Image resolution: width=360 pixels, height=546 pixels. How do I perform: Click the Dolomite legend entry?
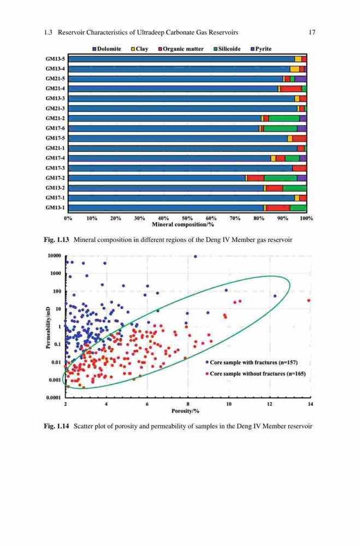click(x=107, y=49)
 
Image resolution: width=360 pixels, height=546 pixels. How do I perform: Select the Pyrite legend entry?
click(x=261, y=49)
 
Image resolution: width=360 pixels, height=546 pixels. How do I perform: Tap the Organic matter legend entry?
click(x=181, y=49)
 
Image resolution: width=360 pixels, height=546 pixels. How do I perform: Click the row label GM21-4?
click(x=55, y=89)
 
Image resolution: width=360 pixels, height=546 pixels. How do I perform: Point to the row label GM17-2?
click(x=55, y=178)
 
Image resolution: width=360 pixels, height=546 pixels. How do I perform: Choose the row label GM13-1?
click(x=55, y=208)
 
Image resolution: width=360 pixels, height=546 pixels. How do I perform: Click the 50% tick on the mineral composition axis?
click(x=187, y=218)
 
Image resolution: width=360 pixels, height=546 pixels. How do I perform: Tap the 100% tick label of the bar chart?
click(x=306, y=218)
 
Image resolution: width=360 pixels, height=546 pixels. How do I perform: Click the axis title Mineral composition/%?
click(x=183, y=224)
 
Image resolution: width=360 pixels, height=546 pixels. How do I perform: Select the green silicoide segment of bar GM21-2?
click(x=284, y=118)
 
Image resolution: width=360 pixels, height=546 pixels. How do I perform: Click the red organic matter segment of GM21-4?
click(x=291, y=89)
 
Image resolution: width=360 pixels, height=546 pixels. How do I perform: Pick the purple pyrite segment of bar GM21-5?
click(x=300, y=79)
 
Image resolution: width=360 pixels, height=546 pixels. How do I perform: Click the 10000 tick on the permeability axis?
click(x=55, y=256)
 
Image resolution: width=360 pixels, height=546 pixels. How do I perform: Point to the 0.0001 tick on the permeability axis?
click(x=54, y=397)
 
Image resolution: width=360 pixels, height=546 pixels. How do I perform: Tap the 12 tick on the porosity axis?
click(x=269, y=404)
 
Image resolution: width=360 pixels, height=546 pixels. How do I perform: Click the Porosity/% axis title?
click(x=185, y=411)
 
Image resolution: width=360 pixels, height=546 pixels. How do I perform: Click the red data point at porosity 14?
click(x=309, y=300)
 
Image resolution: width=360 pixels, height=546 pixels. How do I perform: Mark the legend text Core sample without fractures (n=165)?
click(x=257, y=373)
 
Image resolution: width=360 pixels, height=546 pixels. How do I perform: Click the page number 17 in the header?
click(x=312, y=32)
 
